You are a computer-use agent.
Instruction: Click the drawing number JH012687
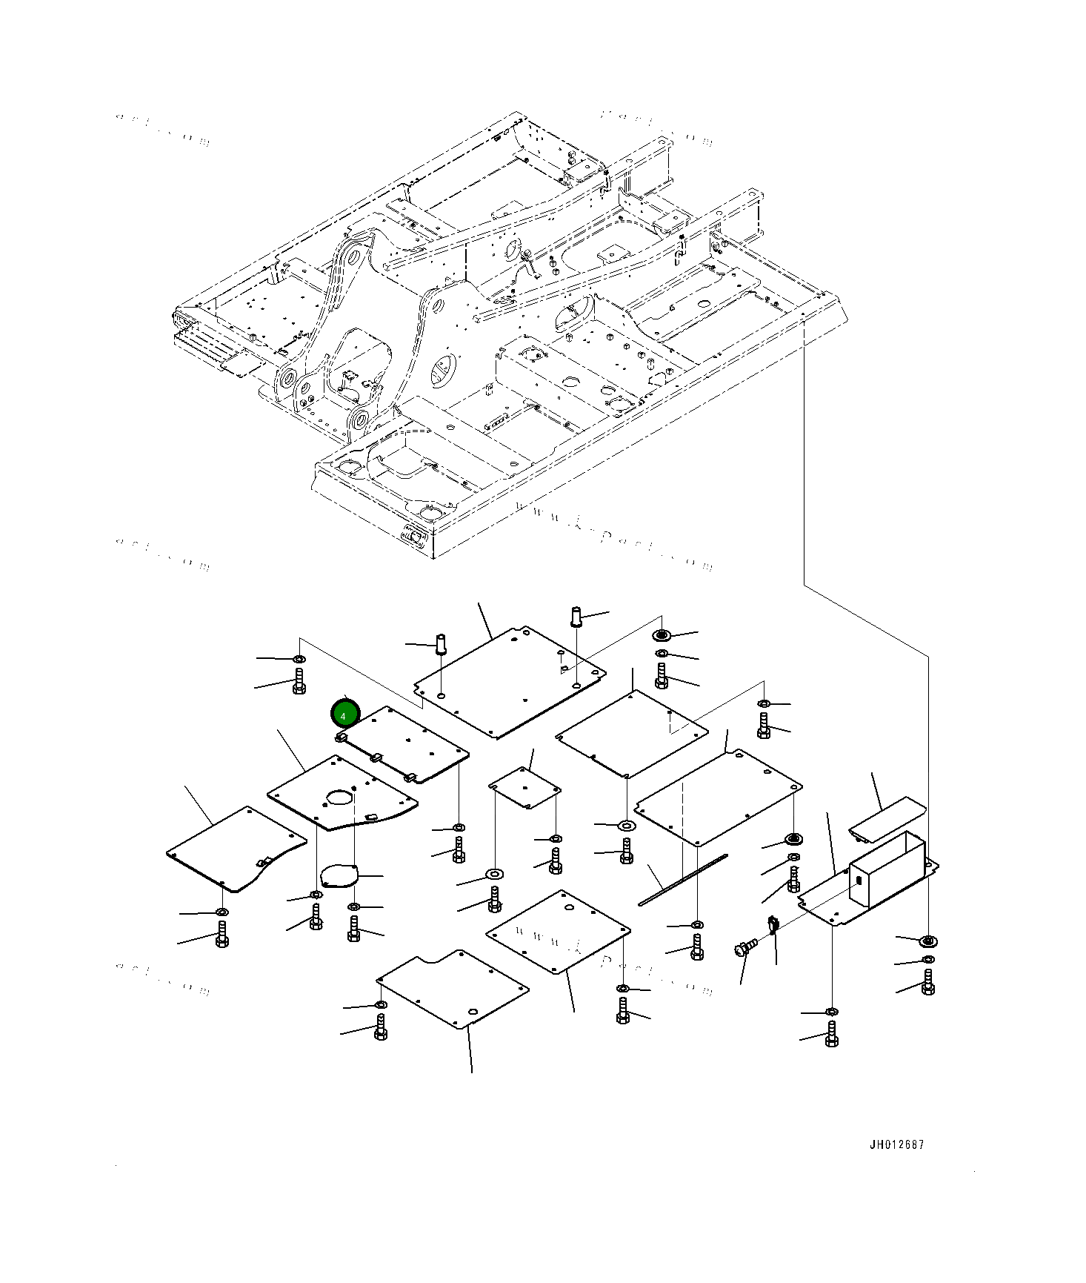(x=896, y=1144)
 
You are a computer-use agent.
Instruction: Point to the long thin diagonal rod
(x=683, y=880)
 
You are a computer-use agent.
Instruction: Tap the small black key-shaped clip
(x=773, y=924)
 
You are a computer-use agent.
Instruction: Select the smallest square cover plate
(x=524, y=787)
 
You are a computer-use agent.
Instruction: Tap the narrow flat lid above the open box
(x=886, y=819)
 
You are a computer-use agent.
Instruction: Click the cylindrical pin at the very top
(x=577, y=616)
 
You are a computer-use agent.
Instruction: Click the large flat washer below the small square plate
(x=494, y=875)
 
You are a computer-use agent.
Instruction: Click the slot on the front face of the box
(x=859, y=881)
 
